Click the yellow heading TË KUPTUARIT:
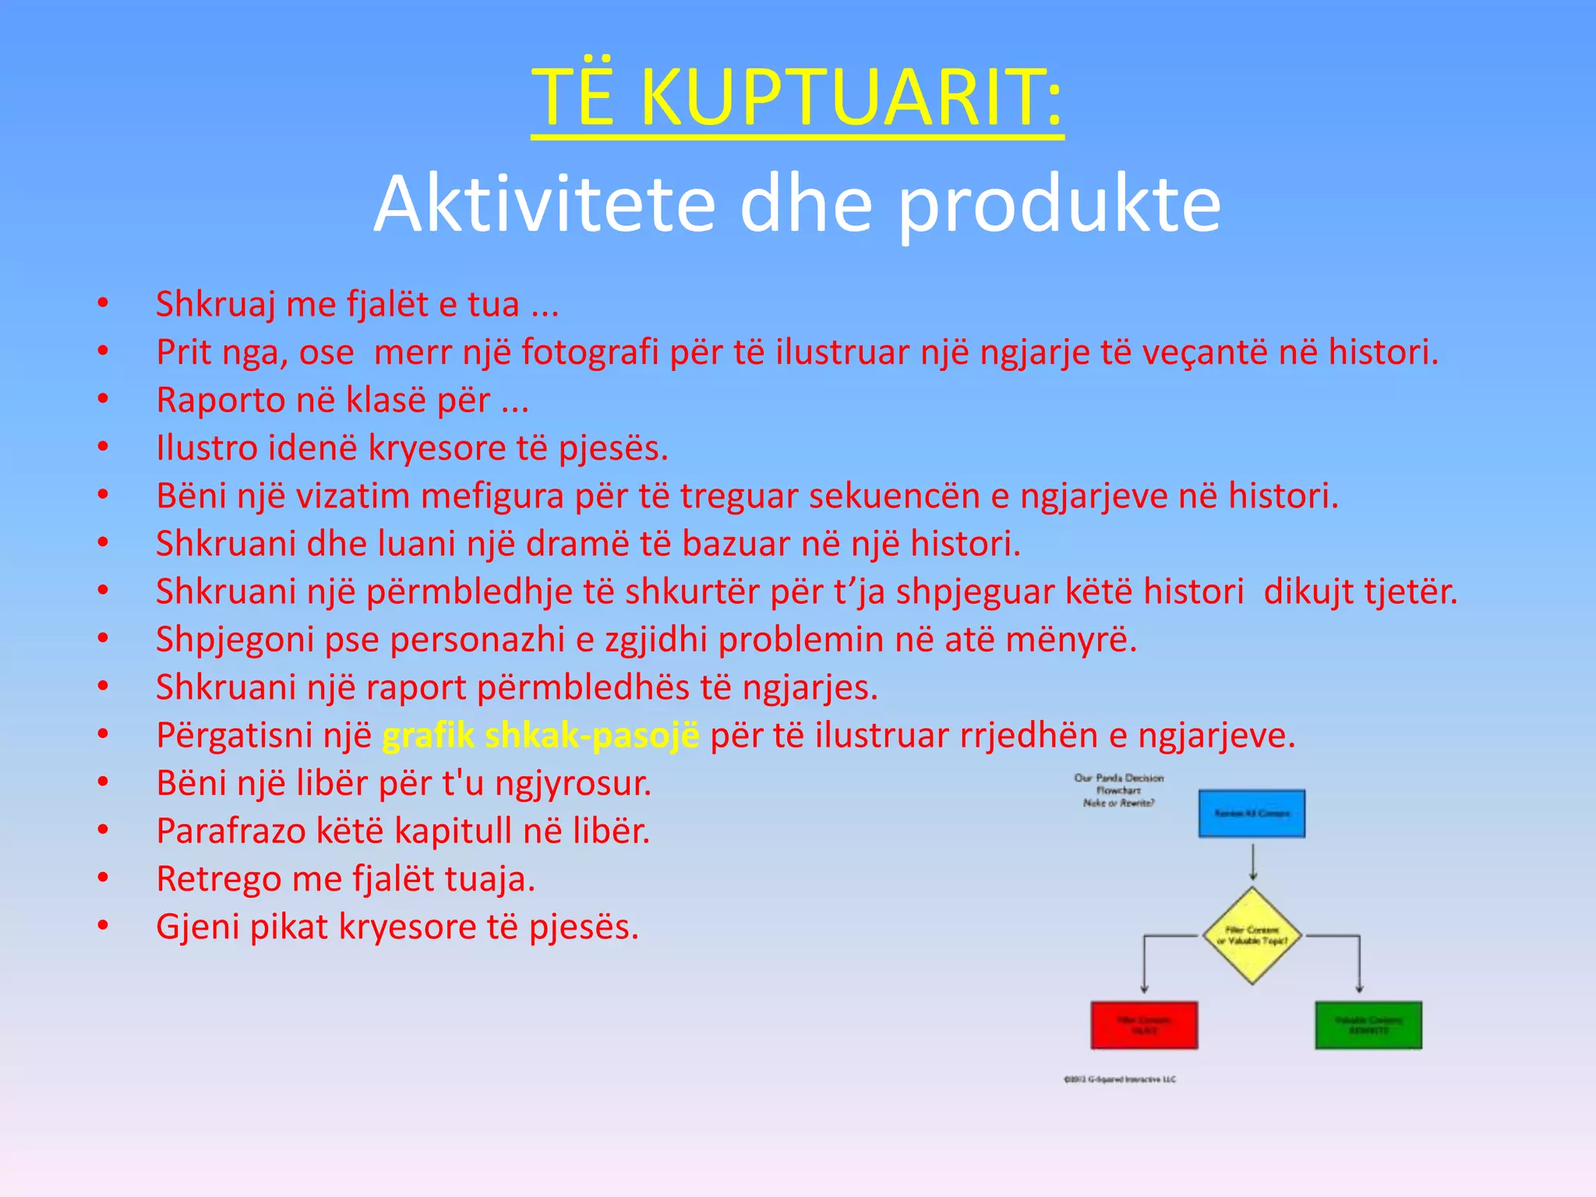pos(797,97)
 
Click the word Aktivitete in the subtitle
pos(544,204)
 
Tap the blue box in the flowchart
pos(1252,814)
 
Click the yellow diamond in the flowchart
pos(1252,935)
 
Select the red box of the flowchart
pos(1144,1025)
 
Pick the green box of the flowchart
pos(1368,1025)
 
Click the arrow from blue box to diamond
pos(1252,862)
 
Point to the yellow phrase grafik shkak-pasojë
pos(541,736)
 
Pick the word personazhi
pos(477,640)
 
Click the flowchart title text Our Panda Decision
pos(1118,778)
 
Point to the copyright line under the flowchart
pos(1120,1079)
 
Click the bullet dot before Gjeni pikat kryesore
pos(103,926)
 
